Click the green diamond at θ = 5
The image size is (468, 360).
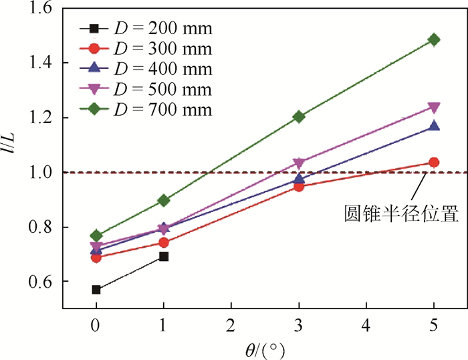click(x=434, y=39)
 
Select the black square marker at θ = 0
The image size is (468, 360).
click(x=96, y=290)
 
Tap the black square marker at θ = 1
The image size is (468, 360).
click(x=164, y=256)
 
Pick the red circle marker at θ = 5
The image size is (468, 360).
click(x=434, y=162)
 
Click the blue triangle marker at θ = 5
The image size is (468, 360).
click(x=434, y=126)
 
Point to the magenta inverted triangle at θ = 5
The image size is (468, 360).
click(x=434, y=108)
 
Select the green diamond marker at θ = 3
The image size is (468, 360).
click(x=299, y=116)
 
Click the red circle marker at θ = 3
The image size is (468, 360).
click(x=299, y=186)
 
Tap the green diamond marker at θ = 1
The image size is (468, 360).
click(x=164, y=200)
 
